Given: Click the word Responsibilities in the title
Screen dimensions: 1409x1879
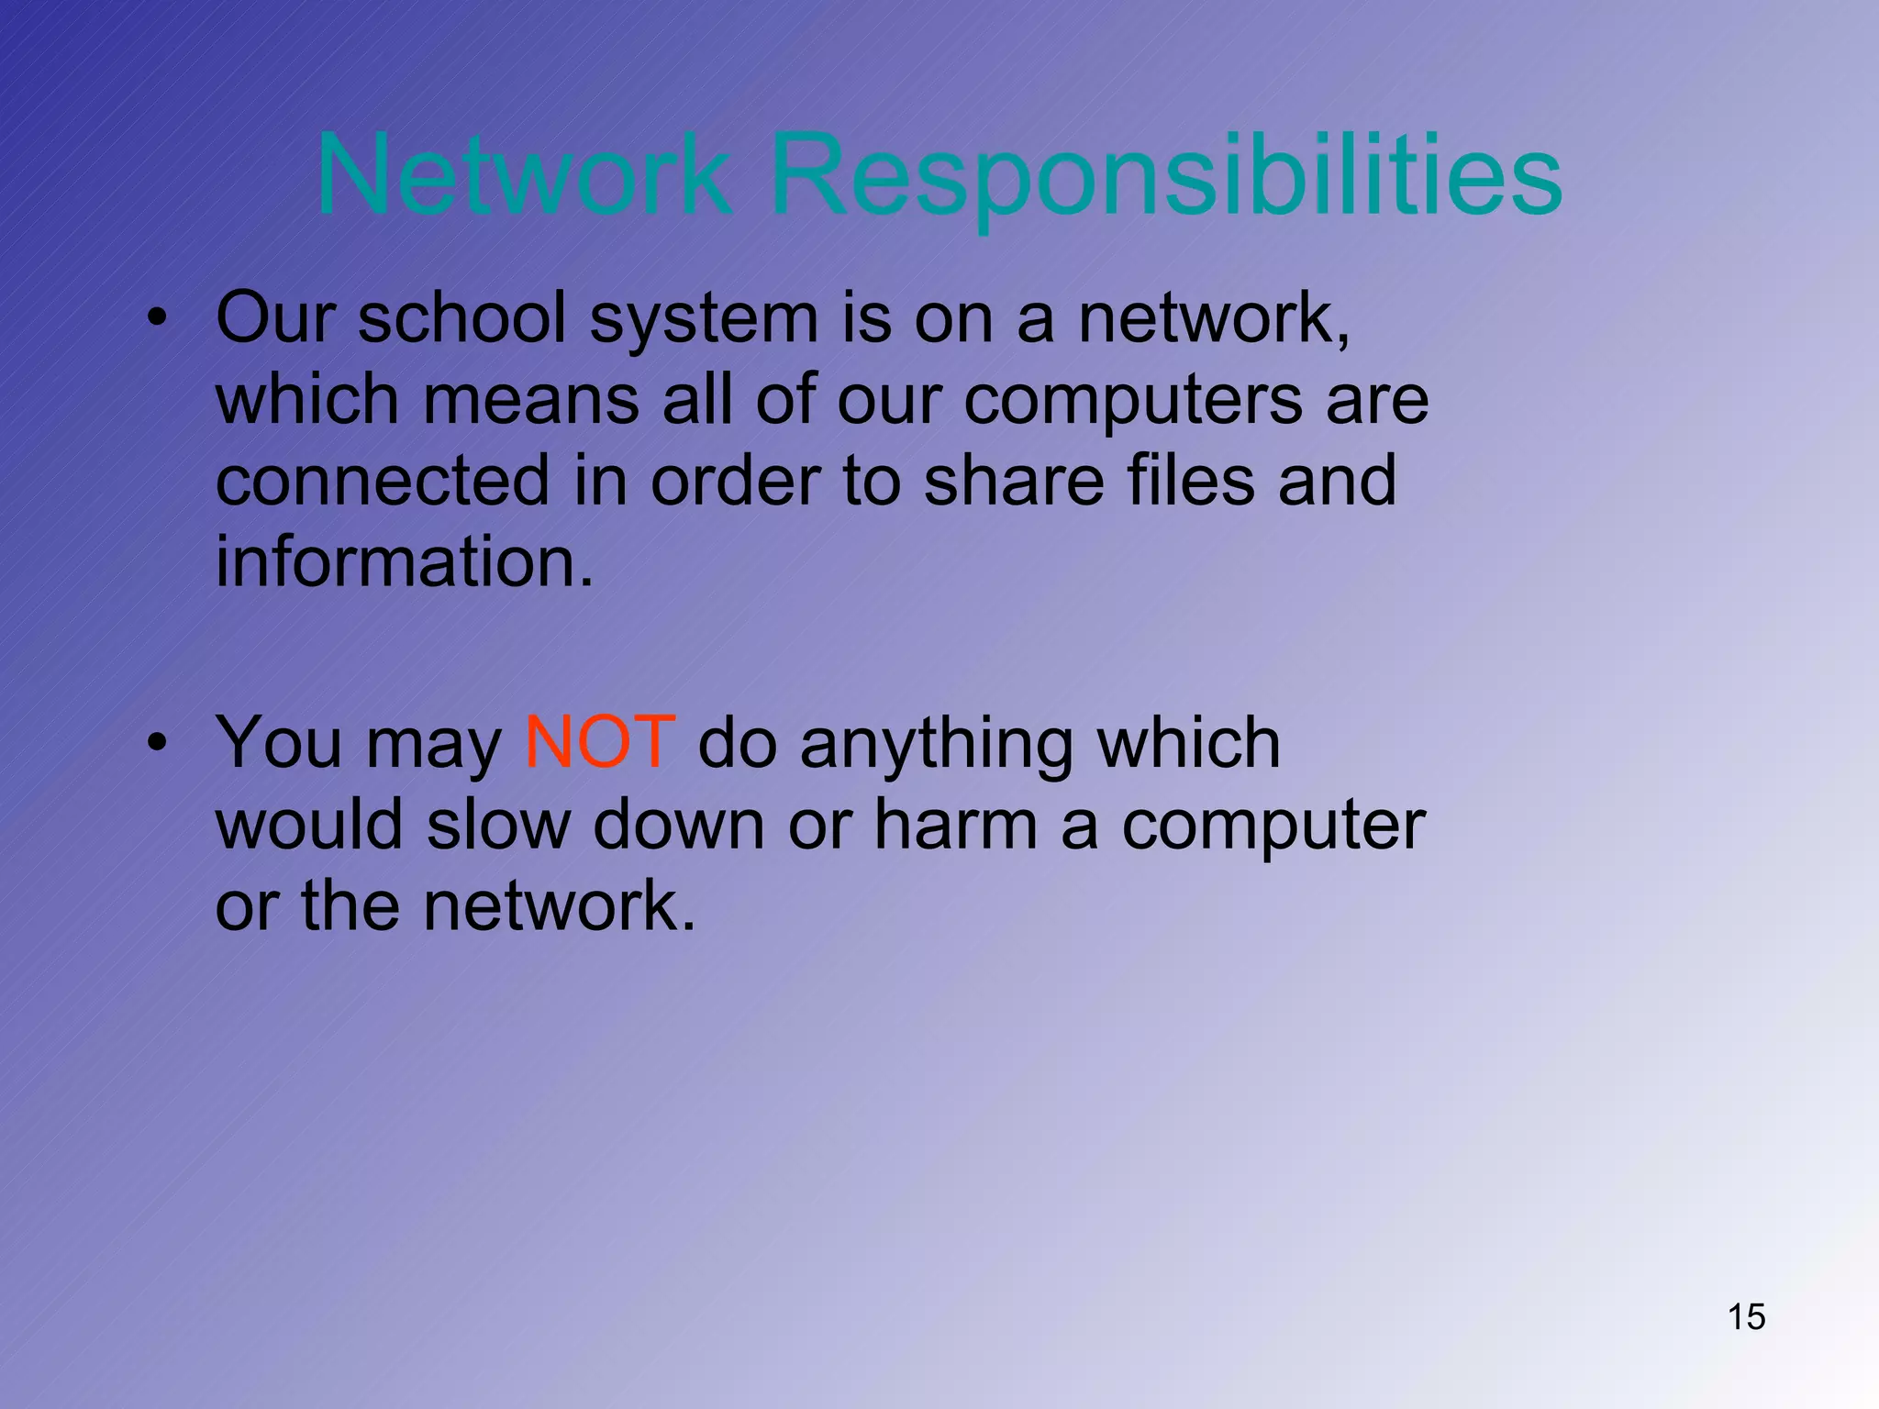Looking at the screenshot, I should tap(1165, 174).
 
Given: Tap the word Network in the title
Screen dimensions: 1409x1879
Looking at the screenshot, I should tap(523, 174).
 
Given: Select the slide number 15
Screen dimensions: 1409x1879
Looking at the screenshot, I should tap(1746, 1316).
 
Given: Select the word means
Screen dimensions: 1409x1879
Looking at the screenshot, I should tap(531, 400).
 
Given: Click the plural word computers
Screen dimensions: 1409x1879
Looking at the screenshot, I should tap(1133, 402).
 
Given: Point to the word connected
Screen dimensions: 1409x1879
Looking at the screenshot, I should tap(382, 481).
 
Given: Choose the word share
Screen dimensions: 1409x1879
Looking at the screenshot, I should tap(1014, 481).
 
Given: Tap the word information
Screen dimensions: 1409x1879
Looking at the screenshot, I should tap(405, 561).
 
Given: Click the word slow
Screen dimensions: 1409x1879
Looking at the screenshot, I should tap(498, 823).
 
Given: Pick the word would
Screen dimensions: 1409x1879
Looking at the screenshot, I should tap(309, 823).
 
